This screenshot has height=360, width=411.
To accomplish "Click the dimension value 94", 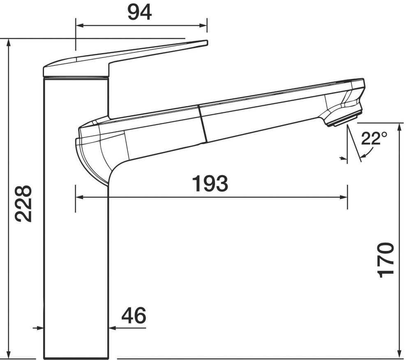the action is [x=139, y=13].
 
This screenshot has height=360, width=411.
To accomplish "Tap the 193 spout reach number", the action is [x=210, y=183].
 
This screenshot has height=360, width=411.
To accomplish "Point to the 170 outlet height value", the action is [x=386, y=260].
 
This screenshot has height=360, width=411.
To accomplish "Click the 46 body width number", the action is [x=134, y=316].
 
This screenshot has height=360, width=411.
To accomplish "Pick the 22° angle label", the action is [x=374, y=138].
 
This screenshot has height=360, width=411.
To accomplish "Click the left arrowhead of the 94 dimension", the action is [x=79, y=26].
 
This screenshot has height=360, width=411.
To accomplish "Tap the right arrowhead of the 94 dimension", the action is [x=203, y=26].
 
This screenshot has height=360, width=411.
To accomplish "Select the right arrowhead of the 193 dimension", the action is [x=344, y=197].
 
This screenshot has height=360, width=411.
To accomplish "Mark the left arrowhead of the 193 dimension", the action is [x=79, y=197].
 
